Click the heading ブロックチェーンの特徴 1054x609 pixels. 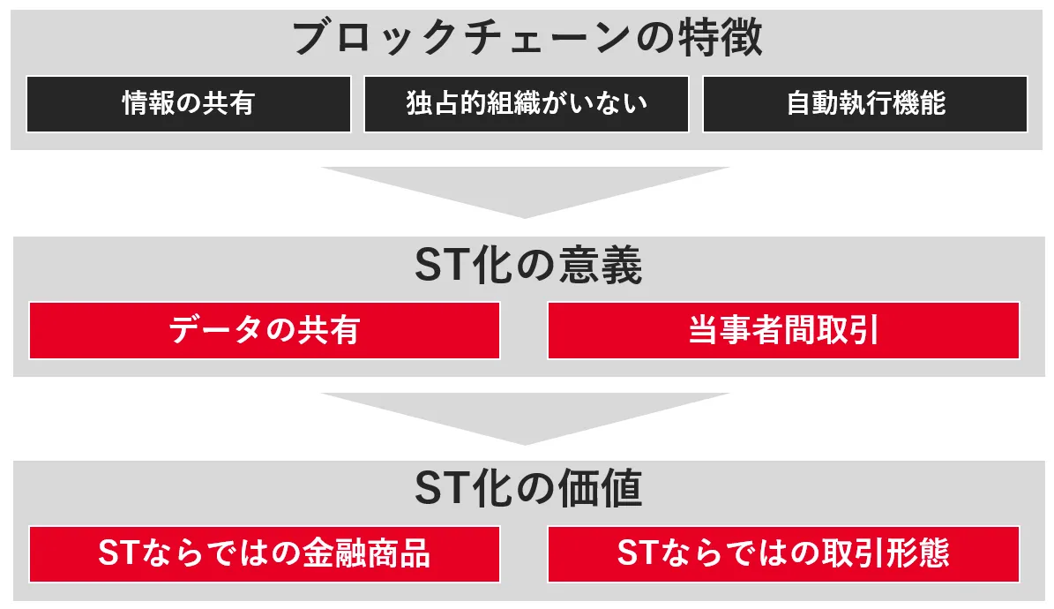pos(527,39)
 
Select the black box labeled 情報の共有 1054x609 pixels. pos(189,104)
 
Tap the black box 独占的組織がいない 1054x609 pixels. pos(527,104)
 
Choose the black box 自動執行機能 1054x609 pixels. pos(865,104)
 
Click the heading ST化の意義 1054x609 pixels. pos(527,267)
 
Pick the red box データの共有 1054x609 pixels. pos(265,330)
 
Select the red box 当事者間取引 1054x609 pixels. pos(783,330)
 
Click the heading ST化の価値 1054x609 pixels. pos(527,491)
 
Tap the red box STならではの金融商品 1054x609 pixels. pos(265,554)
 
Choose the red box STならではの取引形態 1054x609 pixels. pos(783,554)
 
